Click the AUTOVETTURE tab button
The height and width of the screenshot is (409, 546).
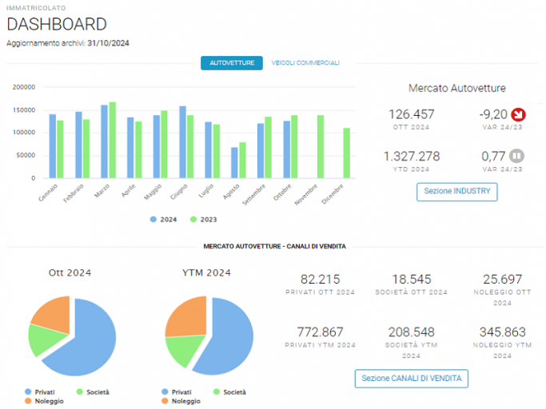(x=232, y=63)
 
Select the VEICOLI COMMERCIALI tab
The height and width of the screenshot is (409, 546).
(x=305, y=63)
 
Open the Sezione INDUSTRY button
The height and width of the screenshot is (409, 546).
(x=456, y=192)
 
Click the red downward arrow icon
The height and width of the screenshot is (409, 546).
(x=518, y=114)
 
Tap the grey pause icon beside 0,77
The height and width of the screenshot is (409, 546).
(x=516, y=156)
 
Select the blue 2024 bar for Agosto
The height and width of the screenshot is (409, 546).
(x=234, y=162)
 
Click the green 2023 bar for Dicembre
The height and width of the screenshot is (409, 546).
(x=346, y=153)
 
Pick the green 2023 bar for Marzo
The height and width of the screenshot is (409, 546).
(x=113, y=140)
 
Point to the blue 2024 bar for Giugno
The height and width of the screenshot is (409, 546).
(x=182, y=142)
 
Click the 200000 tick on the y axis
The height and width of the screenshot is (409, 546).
(x=24, y=87)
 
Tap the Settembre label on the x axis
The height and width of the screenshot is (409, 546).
(x=254, y=194)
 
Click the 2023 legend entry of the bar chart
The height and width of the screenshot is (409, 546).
(x=204, y=220)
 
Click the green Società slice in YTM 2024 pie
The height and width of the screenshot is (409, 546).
(x=184, y=349)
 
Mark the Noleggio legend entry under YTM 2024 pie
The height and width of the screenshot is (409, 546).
(x=181, y=401)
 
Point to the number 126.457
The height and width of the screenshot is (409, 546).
(x=411, y=114)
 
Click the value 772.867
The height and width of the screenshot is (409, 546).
(x=320, y=332)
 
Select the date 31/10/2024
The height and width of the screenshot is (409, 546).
(x=108, y=43)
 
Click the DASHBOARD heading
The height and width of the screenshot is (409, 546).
(x=57, y=25)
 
